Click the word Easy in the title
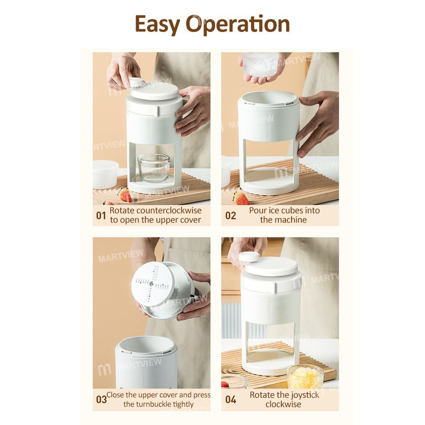(x=157, y=25)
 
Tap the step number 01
(x=101, y=215)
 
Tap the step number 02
(x=230, y=215)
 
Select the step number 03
(x=101, y=399)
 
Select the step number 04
(x=230, y=399)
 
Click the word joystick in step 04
(x=303, y=395)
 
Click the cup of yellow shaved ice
(x=305, y=377)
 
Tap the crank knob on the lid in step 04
(x=249, y=256)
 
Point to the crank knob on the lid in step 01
(x=136, y=82)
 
